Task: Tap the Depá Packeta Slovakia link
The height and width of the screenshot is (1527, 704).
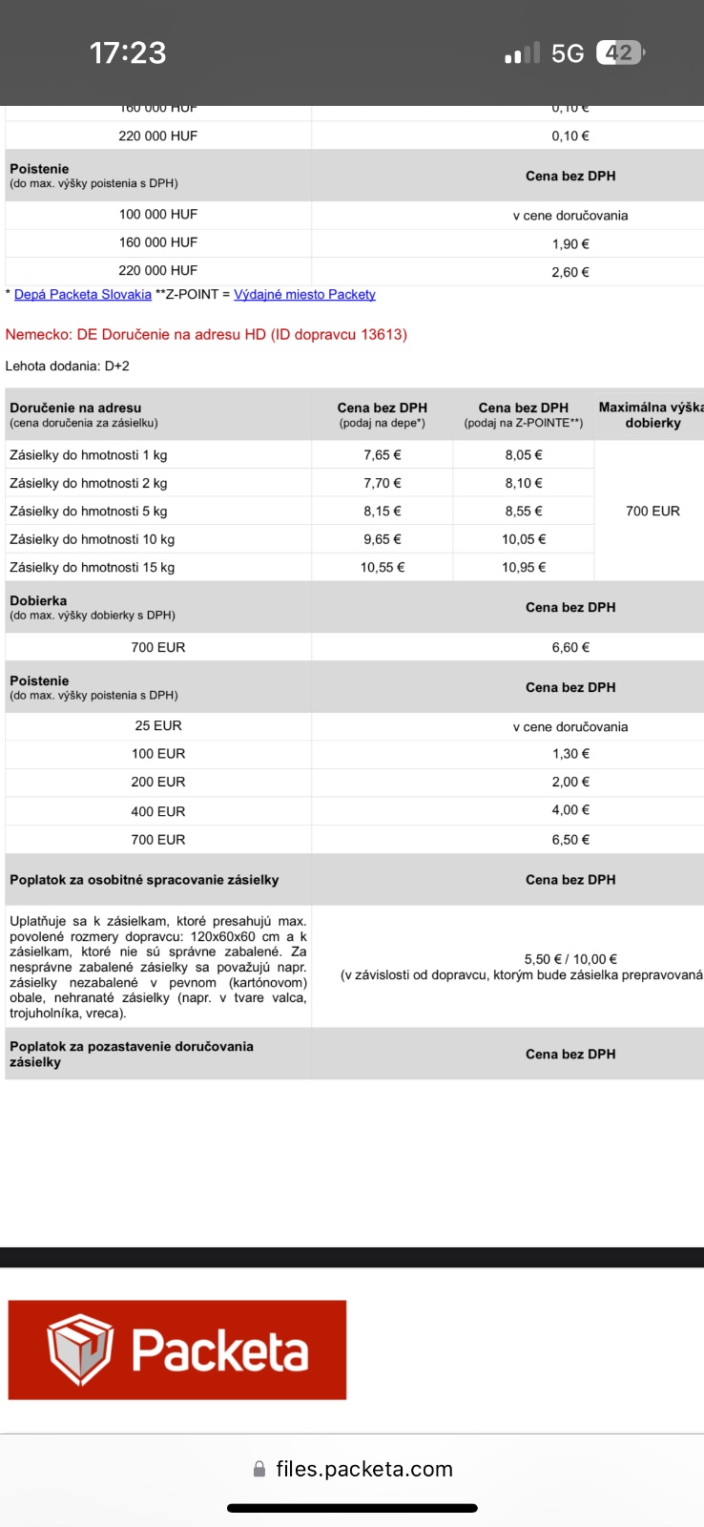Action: pyautogui.click(x=83, y=294)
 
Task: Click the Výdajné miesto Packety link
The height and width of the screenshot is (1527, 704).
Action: pyautogui.click(x=304, y=294)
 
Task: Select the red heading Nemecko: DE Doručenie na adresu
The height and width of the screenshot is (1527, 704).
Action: pyautogui.click(x=206, y=334)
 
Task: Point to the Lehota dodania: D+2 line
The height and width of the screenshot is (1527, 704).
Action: pyautogui.click(x=67, y=366)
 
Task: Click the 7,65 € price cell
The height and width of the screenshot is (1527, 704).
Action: pyautogui.click(x=382, y=455)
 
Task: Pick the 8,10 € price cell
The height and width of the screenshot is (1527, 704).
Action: pyautogui.click(x=524, y=483)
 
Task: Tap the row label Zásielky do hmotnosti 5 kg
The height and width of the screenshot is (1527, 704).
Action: pyautogui.click(x=88, y=511)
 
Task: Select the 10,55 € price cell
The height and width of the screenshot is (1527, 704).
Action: pyautogui.click(x=382, y=567)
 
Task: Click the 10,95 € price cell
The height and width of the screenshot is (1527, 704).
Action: pyautogui.click(x=524, y=567)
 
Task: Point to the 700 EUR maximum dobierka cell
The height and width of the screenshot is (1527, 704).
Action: pyautogui.click(x=652, y=511)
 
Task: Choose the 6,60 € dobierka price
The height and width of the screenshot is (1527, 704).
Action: pyautogui.click(x=570, y=647)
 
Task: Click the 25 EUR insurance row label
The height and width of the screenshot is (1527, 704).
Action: pyautogui.click(x=158, y=725)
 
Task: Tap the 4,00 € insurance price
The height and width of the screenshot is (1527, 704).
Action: pyautogui.click(x=570, y=809)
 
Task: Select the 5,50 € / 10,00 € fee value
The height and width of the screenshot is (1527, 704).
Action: pyautogui.click(x=570, y=959)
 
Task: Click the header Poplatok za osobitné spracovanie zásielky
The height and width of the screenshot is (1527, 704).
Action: pyautogui.click(x=144, y=880)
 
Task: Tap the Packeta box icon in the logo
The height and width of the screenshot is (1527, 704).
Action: pyautogui.click(x=80, y=1349)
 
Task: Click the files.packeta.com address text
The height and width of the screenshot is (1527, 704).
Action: pyautogui.click(x=363, y=1469)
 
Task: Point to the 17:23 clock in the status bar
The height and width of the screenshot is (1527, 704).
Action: pyautogui.click(x=128, y=52)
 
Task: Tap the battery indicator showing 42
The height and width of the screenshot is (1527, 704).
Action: pyautogui.click(x=620, y=52)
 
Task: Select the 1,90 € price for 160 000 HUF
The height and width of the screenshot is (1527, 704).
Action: pyautogui.click(x=570, y=243)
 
